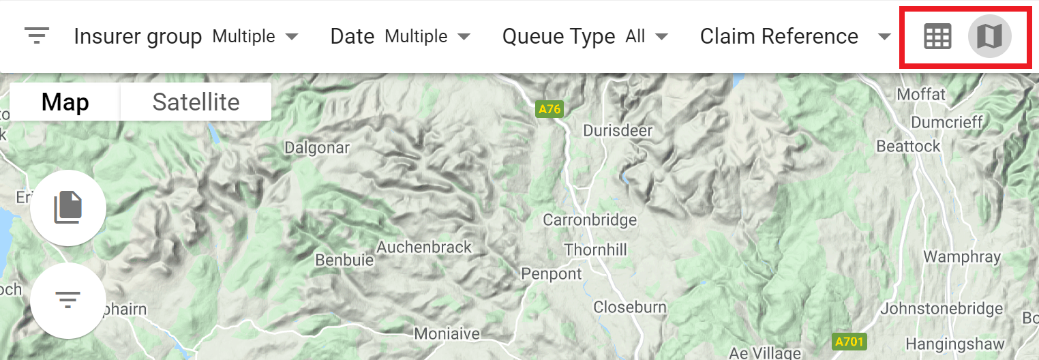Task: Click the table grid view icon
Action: click(937, 36)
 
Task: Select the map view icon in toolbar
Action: click(989, 36)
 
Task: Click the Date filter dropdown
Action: click(400, 36)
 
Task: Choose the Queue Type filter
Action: click(585, 36)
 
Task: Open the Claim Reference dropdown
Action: click(795, 36)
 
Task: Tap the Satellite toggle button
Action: click(196, 102)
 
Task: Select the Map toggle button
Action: click(65, 102)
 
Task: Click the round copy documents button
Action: click(68, 207)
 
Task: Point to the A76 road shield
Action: click(549, 109)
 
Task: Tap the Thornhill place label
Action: click(595, 250)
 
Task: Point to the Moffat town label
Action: click(921, 94)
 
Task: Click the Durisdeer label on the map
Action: click(618, 130)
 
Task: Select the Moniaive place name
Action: click(447, 334)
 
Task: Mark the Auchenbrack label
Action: click(424, 247)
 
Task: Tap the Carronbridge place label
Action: click(590, 220)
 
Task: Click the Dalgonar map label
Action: click(316, 147)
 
